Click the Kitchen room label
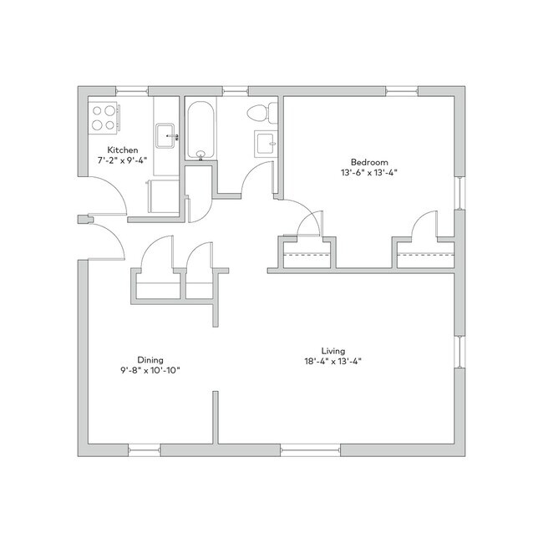pyautogui.click(x=123, y=150)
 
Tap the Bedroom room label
pyautogui.click(x=369, y=162)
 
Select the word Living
pyautogui.click(x=333, y=351)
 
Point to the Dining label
pyautogui.click(x=150, y=360)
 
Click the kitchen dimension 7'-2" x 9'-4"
pyautogui.click(x=123, y=160)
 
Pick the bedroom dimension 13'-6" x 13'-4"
pyautogui.click(x=369, y=172)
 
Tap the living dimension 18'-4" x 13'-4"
pyautogui.click(x=333, y=362)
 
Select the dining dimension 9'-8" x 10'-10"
pyautogui.click(x=150, y=371)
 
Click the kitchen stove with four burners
pyautogui.click(x=104, y=118)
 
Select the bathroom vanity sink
pyautogui.click(x=266, y=144)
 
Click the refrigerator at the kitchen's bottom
pyautogui.click(x=163, y=196)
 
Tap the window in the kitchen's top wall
pyautogui.click(x=132, y=92)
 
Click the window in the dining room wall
pyautogui.click(x=145, y=450)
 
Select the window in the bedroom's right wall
pyautogui.click(x=459, y=193)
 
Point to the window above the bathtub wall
pyautogui.click(x=235, y=92)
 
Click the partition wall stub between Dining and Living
pyautogui.click(x=216, y=418)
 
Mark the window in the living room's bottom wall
pyautogui.click(x=311, y=450)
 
